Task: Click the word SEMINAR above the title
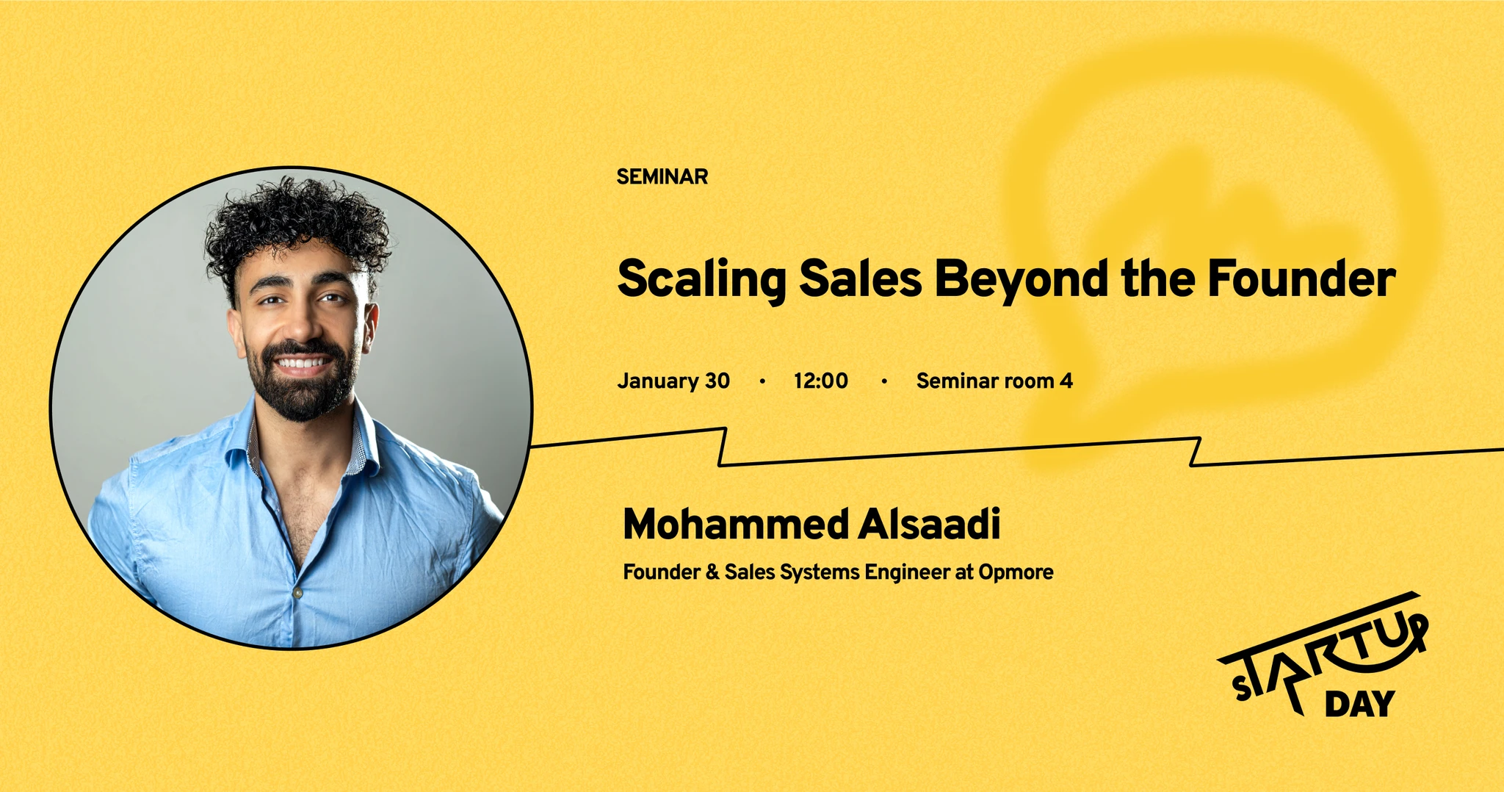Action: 662,177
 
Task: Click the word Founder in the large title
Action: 1301,278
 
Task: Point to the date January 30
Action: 673,381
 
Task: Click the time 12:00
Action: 820,381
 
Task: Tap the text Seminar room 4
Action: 994,381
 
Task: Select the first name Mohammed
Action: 736,524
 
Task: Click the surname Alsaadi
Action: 930,524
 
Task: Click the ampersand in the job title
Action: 712,572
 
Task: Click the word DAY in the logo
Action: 1359,704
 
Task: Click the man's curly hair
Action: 297,220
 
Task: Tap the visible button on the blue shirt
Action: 297,592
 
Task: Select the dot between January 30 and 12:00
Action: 762,381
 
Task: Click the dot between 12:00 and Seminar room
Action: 884,381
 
